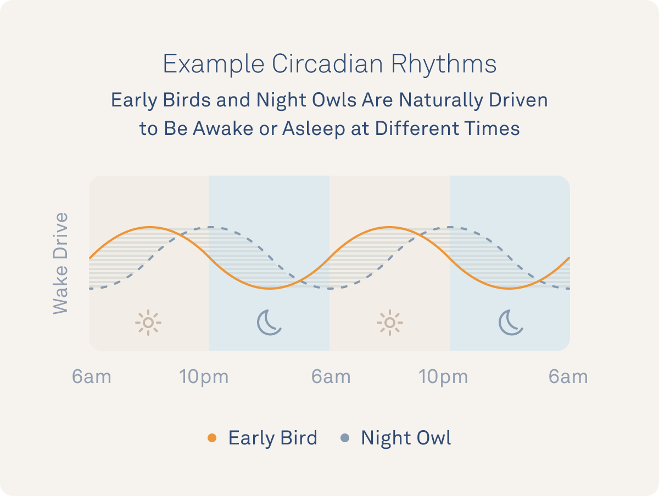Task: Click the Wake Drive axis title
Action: tap(60, 263)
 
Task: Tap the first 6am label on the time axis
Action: tap(92, 377)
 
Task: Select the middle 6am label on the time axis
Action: tap(331, 377)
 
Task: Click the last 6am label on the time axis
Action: tap(568, 377)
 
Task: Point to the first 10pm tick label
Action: tap(204, 377)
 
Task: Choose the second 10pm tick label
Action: tap(444, 377)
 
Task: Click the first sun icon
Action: tap(148, 323)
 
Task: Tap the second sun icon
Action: tap(389, 323)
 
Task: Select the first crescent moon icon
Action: tap(269, 323)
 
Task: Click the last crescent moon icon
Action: tap(511, 323)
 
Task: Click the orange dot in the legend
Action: tap(212, 438)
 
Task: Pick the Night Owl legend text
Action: tap(406, 438)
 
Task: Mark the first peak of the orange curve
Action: tap(149, 227)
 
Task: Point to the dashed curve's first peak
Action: tap(209, 227)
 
